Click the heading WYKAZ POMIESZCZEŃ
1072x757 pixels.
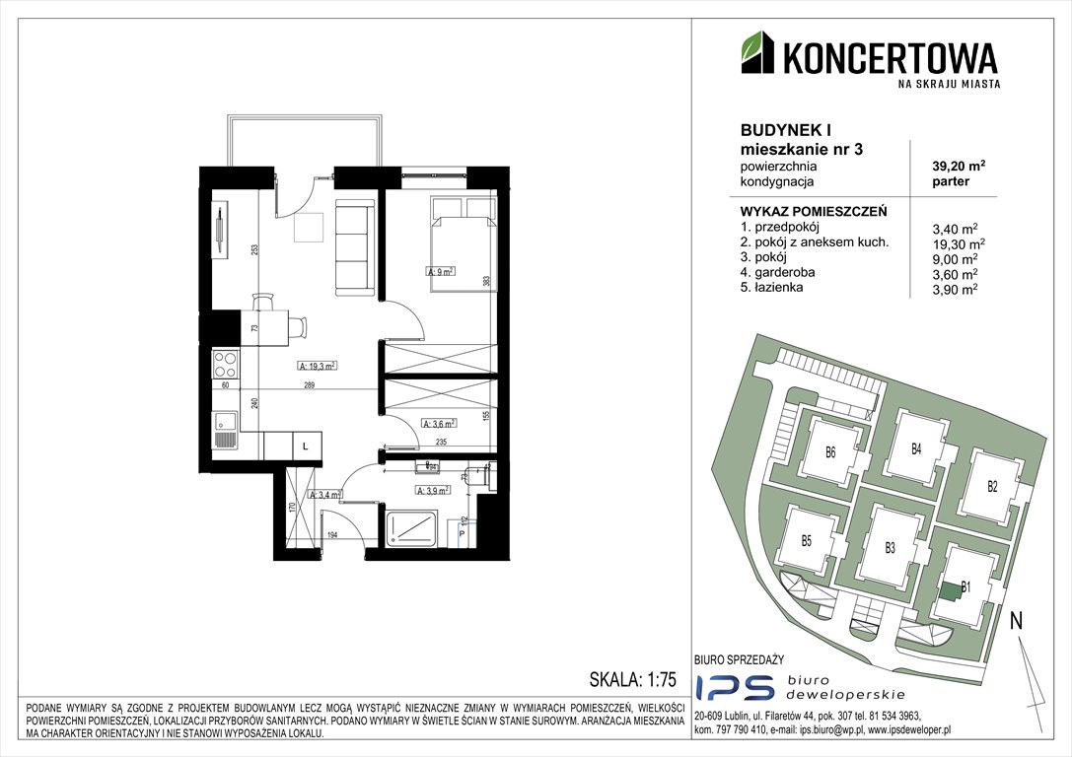[814, 211]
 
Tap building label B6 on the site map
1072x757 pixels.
[830, 454]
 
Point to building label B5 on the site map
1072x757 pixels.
[806, 540]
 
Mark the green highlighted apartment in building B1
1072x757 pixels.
[950, 591]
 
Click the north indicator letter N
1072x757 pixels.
[1016, 621]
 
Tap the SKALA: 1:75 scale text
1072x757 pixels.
[631, 680]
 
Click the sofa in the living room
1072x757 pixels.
[353, 246]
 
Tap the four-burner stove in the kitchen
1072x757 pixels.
[225, 366]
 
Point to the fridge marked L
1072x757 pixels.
[305, 447]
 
